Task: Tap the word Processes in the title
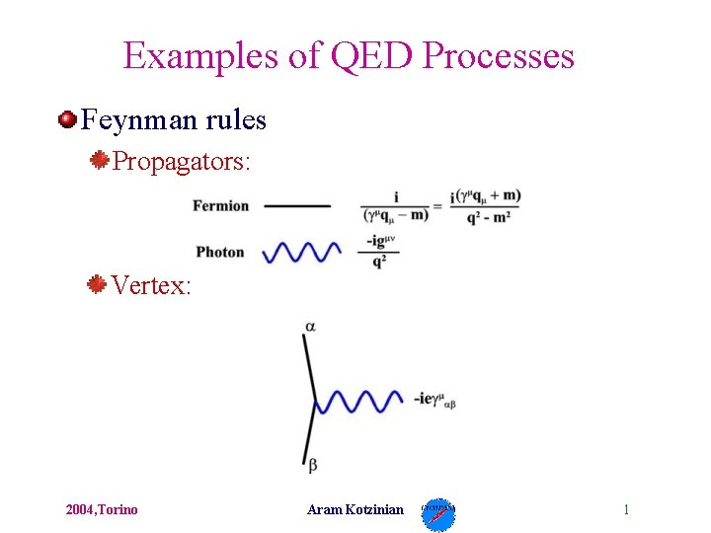pyautogui.click(x=498, y=55)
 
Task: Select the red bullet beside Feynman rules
pyautogui.click(x=67, y=120)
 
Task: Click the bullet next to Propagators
pyautogui.click(x=98, y=159)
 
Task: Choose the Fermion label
pyautogui.click(x=220, y=206)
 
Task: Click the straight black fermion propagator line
pyautogui.click(x=297, y=206)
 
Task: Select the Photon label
pyautogui.click(x=219, y=252)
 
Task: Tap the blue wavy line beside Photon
pyautogui.click(x=301, y=252)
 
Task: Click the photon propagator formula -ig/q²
pyautogui.click(x=379, y=252)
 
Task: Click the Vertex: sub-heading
pyautogui.click(x=150, y=285)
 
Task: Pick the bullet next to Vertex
pyautogui.click(x=96, y=285)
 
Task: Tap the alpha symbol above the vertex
pyautogui.click(x=310, y=326)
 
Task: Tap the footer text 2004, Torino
pyautogui.click(x=102, y=509)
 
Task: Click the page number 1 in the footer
pyautogui.click(x=626, y=509)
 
